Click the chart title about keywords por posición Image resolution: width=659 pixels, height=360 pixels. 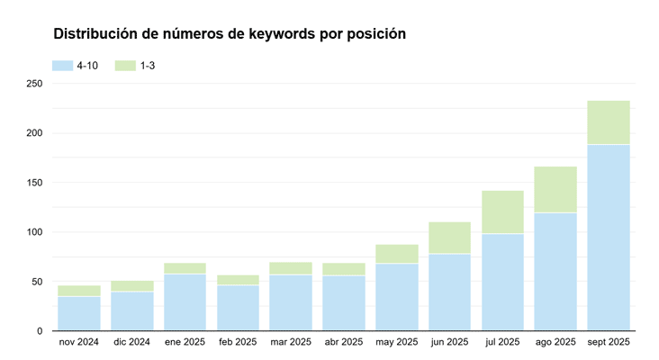[x=230, y=34]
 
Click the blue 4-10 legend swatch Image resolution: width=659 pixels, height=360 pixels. [x=62, y=66]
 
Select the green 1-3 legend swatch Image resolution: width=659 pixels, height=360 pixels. [x=125, y=66]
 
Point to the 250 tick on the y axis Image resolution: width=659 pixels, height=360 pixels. [x=34, y=84]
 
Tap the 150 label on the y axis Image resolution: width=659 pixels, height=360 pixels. [x=34, y=183]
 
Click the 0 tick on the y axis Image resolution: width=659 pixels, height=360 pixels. [x=39, y=331]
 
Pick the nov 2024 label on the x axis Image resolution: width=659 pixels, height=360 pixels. [x=79, y=342]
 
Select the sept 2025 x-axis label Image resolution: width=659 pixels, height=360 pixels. [x=608, y=342]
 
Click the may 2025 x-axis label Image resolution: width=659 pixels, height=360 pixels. [x=396, y=342]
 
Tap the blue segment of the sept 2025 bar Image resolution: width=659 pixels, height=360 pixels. [x=608, y=238]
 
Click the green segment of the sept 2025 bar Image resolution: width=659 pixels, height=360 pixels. [x=608, y=122]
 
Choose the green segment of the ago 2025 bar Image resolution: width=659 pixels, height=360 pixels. [x=555, y=189]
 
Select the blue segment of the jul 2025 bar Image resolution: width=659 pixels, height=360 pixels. [x=502, y=282]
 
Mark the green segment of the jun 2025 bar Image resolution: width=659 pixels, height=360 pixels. [x=449, y=238]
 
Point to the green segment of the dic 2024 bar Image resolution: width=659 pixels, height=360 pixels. [x=132, y=286]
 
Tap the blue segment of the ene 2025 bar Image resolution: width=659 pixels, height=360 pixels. [x=185, y=302]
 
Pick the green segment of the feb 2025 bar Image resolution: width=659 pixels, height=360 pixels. [x=238, y=280]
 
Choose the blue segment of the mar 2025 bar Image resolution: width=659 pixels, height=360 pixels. [x=291, y=302]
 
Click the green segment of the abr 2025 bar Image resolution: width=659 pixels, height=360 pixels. [x=344, y=269]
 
